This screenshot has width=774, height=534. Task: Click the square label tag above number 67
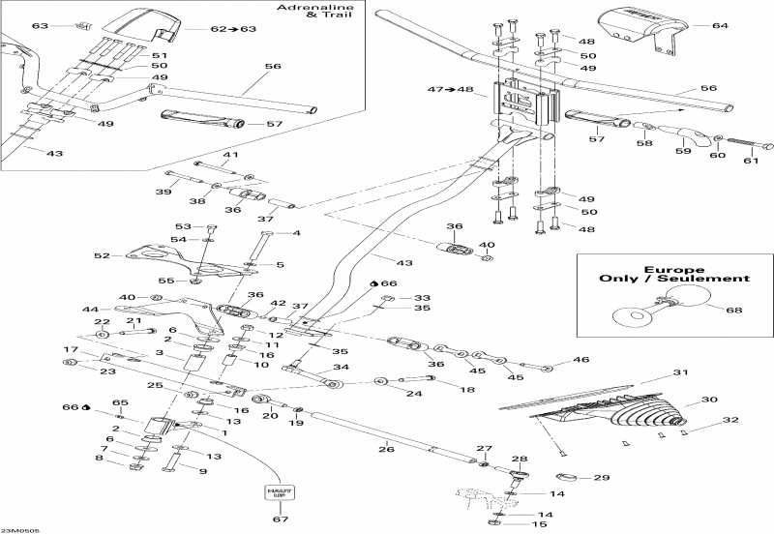pos(279,491)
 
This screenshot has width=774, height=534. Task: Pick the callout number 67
pos(279,520)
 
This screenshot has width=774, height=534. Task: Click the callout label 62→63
pos(233,29)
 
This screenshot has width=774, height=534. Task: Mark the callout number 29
pos(601,478)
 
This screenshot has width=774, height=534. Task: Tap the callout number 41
pos(230,155)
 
